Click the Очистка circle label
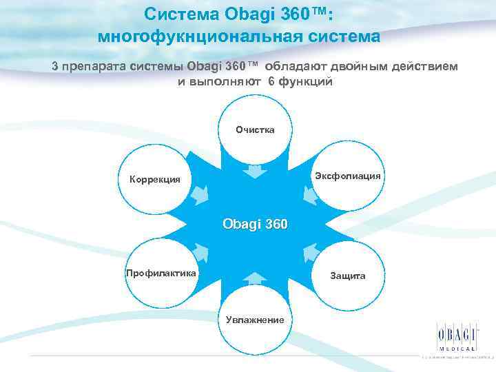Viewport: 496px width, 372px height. click(x=255, y=130)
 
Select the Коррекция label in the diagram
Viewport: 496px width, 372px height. click(x=155, y=180)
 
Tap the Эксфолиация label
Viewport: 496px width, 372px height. click(x=348, y=176)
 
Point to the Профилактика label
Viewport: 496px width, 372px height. click(x=161, y=273)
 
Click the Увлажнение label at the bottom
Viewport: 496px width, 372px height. click(x=256, y=319)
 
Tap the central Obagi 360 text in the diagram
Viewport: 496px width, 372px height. click(x=255, y=225)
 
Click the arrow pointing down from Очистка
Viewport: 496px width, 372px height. click(x=255, y=170)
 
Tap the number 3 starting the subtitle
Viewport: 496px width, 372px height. click(x=55, y=66)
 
